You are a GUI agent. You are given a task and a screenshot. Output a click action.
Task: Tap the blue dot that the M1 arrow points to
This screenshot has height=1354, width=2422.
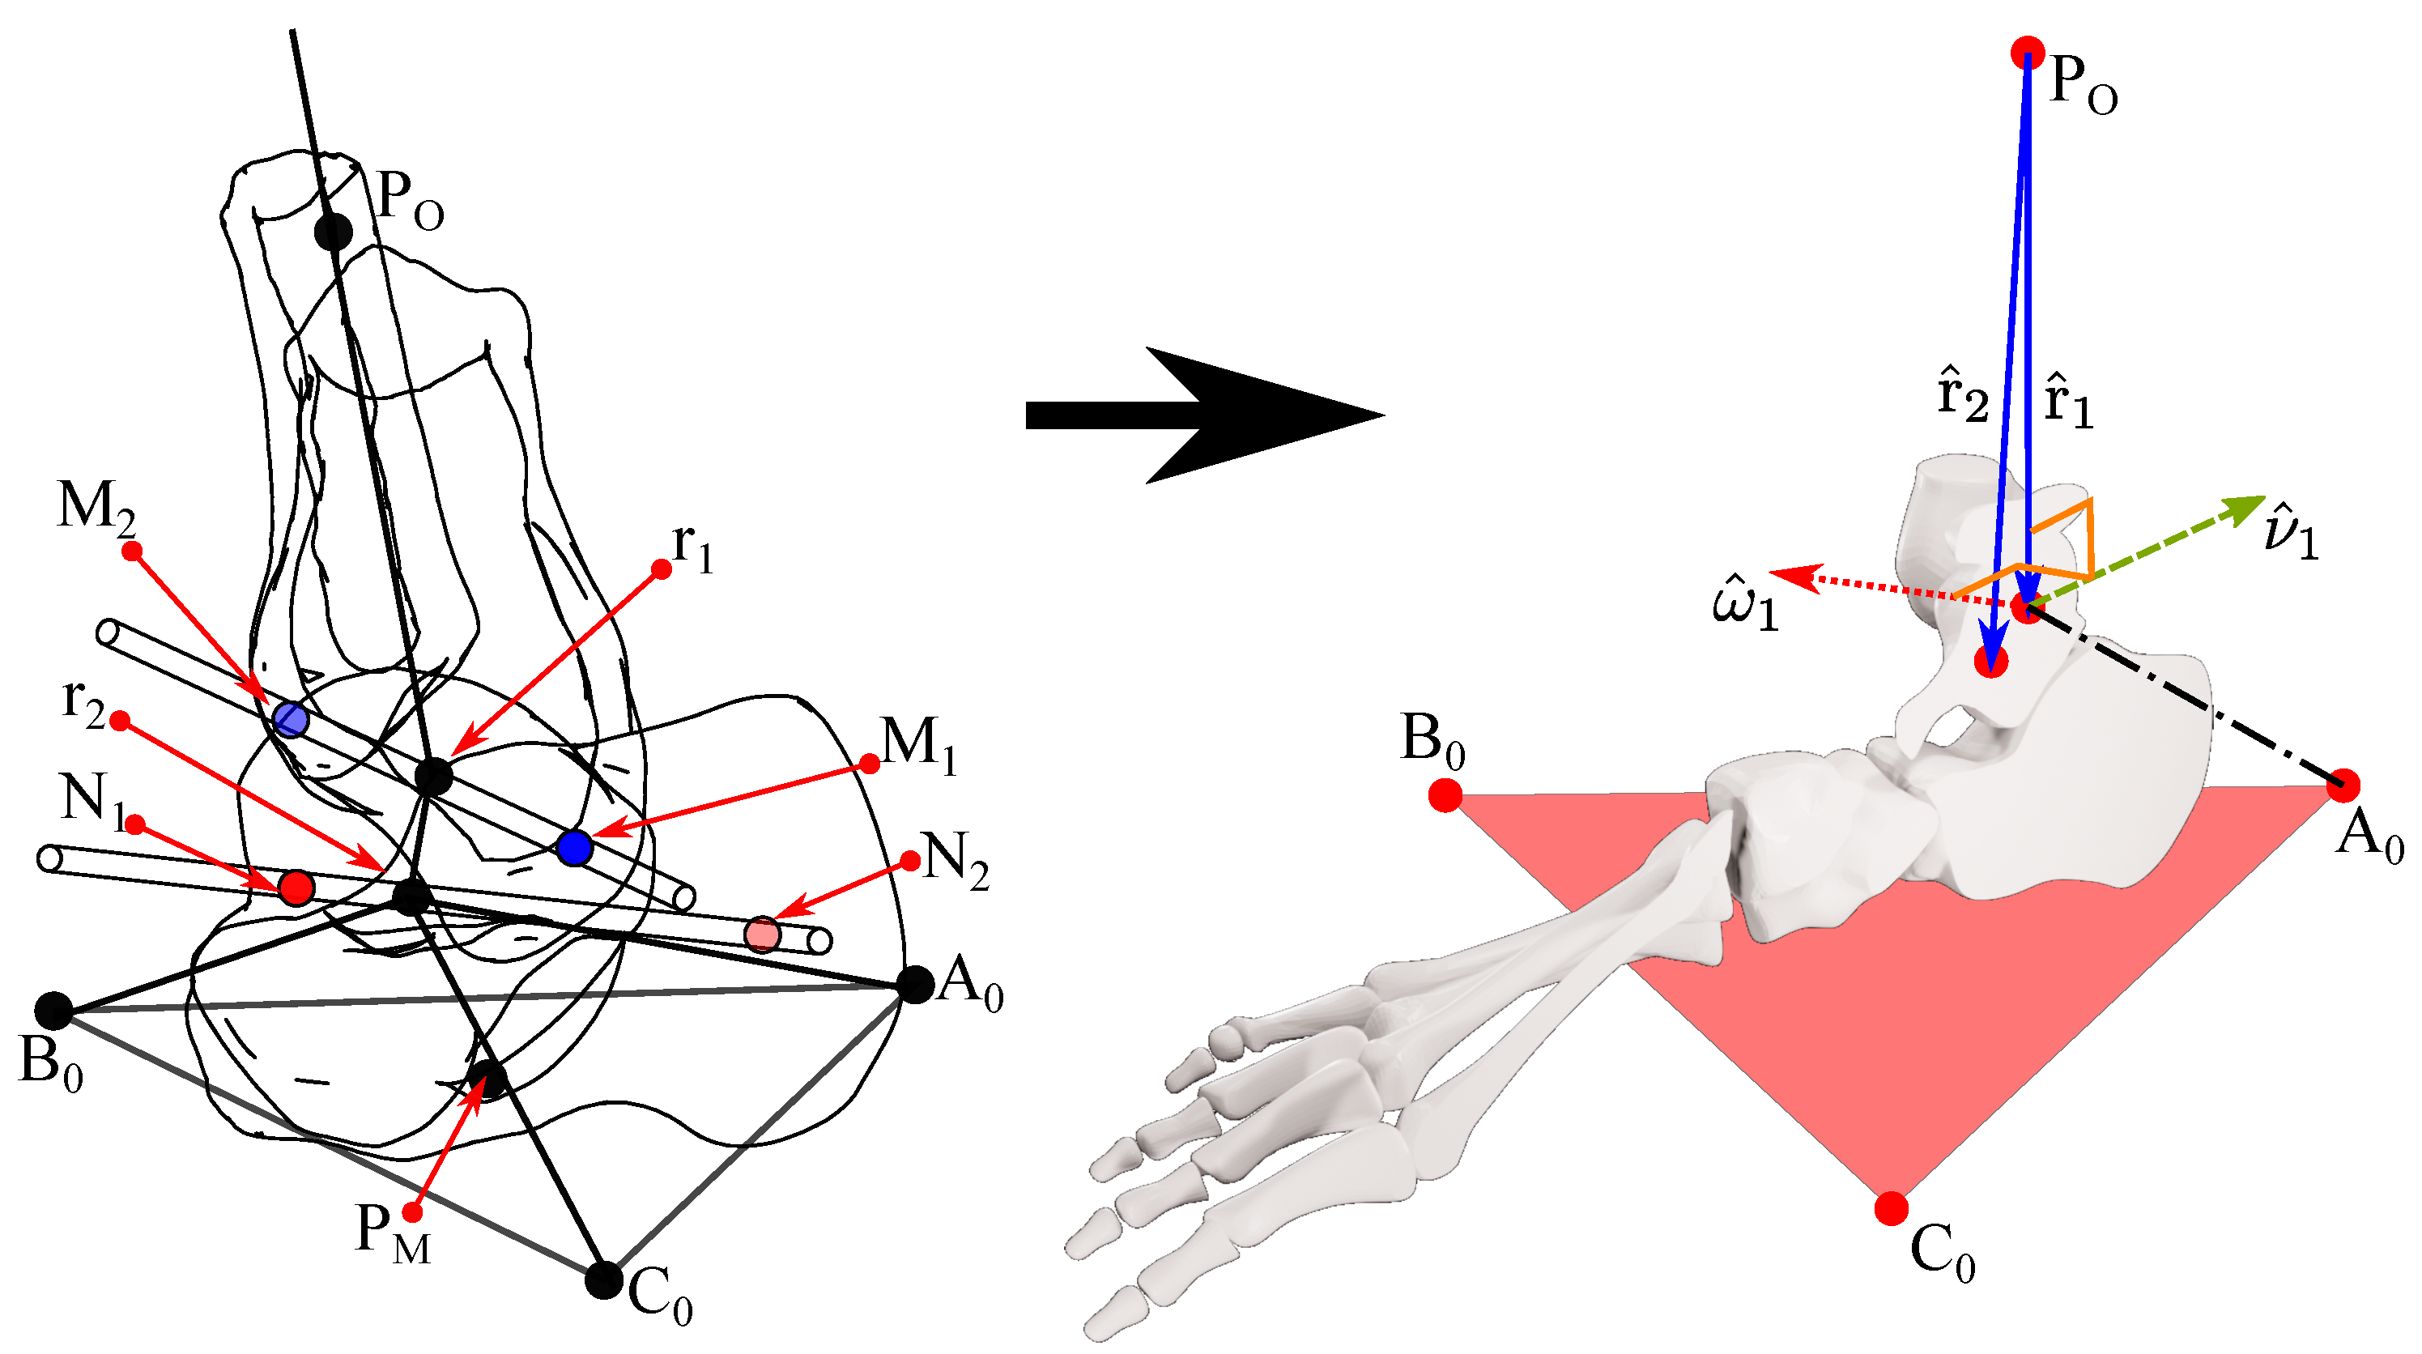pos(573,847)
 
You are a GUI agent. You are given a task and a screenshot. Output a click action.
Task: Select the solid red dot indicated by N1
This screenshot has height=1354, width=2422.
pos(296,887)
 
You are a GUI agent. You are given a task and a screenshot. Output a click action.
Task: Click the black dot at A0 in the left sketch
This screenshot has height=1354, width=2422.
pos(915,985)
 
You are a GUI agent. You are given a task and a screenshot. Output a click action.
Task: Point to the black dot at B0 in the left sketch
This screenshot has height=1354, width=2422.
pos(53,1010)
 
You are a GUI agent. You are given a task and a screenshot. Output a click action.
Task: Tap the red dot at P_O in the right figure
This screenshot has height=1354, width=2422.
pos(2028,53)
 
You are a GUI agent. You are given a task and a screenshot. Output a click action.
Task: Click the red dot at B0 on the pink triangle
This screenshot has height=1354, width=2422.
pos(1445,795)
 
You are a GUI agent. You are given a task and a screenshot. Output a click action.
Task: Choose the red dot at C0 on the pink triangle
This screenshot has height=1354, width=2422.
pos(1891,1208)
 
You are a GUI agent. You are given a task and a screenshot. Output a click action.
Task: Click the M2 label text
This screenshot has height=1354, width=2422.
pos(96,508)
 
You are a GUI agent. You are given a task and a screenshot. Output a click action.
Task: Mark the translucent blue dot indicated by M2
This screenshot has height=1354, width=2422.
pos(292,719)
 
